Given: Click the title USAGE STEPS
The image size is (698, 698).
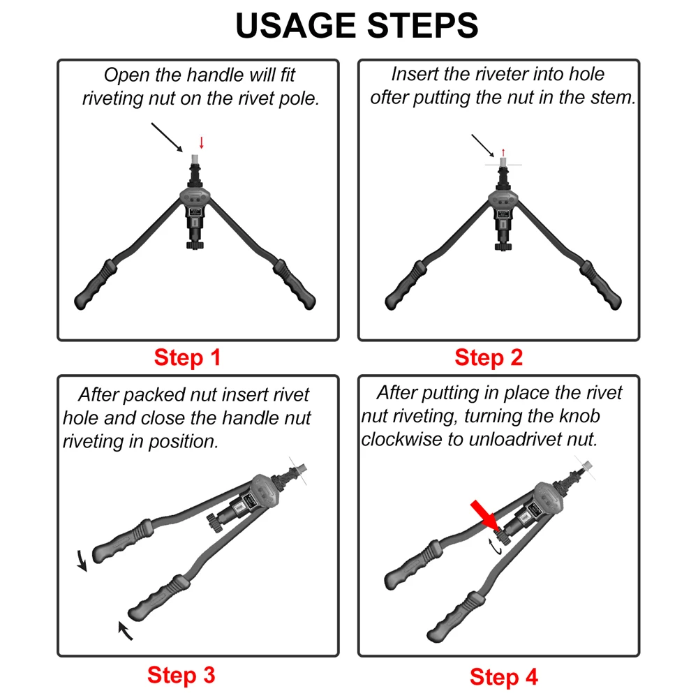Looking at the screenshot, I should (357, 26).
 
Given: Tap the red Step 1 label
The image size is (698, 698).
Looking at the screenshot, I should (187, 358).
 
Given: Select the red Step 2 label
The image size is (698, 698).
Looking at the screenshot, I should (489, 358).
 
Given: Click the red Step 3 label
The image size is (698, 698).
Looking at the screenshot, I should (181, 675).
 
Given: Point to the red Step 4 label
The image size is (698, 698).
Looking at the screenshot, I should (504, 676).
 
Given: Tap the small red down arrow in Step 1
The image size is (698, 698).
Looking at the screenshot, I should (202, 142).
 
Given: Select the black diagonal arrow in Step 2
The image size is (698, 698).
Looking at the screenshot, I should (483, 145).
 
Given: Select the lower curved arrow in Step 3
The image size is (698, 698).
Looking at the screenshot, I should (125, 630).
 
